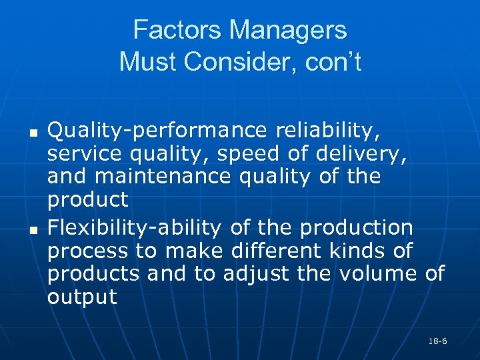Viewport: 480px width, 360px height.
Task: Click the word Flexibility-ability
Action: click(x=134, y=228)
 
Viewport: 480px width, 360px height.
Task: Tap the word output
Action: click(x=82, y=297)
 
